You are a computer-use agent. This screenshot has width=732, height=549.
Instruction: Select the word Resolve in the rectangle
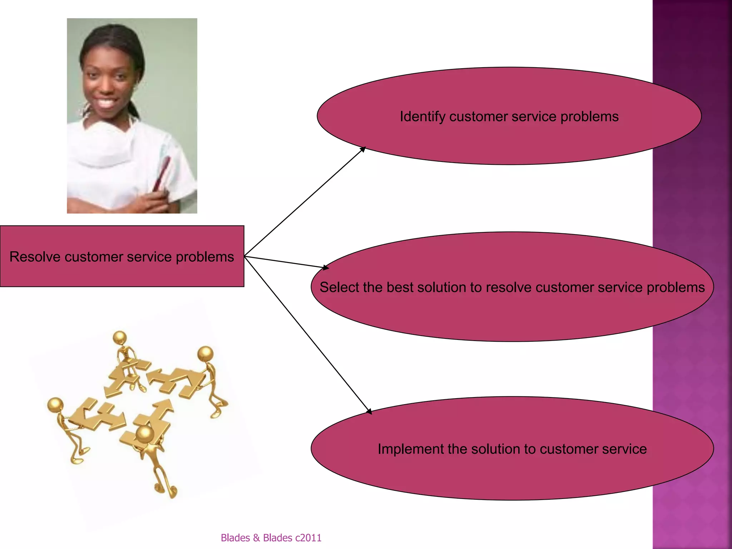coord(35,257)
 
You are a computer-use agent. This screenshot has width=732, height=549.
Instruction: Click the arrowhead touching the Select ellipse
coord(325,267)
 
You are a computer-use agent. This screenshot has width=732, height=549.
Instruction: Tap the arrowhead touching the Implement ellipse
coord(369,411)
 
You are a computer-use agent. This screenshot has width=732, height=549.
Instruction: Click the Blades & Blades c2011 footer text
coord(271,538)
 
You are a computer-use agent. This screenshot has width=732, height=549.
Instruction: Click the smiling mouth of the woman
coord(106,103)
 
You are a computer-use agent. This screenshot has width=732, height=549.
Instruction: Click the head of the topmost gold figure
coord(119,337)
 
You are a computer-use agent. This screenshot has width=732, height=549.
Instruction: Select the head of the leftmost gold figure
coord(55,405)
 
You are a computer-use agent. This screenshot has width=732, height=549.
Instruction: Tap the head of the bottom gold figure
coord(145,434)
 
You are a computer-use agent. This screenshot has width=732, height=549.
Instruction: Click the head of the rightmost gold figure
coord(206,353)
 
